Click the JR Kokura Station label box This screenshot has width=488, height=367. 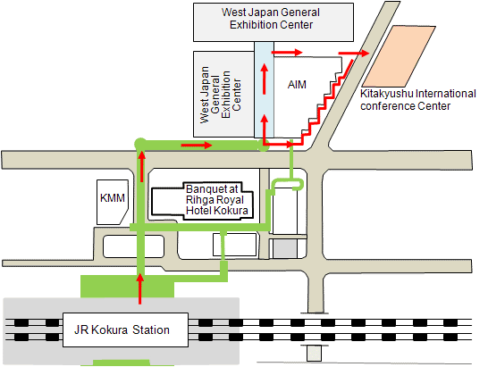pos(125,329)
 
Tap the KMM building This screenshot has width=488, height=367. pos(113,202)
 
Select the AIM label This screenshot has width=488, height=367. pos(297,85)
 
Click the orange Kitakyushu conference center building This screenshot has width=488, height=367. pos(399,56)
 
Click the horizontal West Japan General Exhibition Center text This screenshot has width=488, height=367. pos(271,19)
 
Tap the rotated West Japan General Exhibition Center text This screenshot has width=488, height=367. pos(221,95)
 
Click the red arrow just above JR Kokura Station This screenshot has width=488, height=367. pos(140,288)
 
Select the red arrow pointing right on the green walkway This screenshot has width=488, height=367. pos(197,146)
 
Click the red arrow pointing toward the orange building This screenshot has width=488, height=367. pos(354,54)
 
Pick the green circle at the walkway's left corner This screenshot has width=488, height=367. pos(139,144)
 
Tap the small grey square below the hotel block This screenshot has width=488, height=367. pos(285,248)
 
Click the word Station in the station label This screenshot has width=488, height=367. pos(151,329)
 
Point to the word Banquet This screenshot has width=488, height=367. pos(212,189)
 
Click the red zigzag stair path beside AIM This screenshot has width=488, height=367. pos(324,103)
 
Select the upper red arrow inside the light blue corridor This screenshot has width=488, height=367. pos(265,79)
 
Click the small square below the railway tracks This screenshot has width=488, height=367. pos(314,354)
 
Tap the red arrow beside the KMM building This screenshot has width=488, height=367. pos(142,166)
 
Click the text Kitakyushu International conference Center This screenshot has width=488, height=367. pos(418,100)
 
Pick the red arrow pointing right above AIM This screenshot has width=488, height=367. pos(287,53)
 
